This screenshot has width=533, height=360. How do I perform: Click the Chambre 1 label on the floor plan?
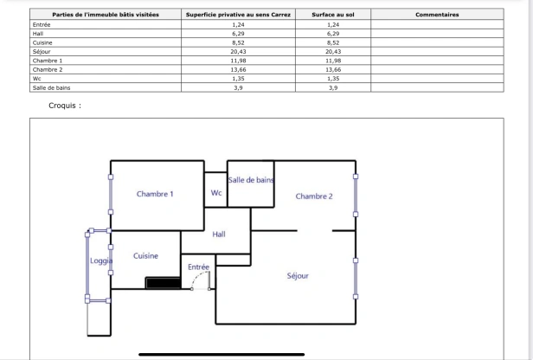tap(155, 194)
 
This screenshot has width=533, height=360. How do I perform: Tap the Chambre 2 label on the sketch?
tap(314, 196)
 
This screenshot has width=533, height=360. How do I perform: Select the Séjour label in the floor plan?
tap(298, 276)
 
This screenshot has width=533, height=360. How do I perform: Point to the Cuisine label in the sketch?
tap(145, 256)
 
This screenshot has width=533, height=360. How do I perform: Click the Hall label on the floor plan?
tap(218, 235)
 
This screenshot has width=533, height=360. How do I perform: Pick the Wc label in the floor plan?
tap(216, 193)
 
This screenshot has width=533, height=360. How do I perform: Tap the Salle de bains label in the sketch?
tap(251, 180)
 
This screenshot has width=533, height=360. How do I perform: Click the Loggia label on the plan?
tap(101, 260)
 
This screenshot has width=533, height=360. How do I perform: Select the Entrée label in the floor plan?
tap(199, 267)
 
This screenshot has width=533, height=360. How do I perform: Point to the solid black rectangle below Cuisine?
tap(162, 282)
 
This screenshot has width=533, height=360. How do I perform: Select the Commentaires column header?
tap(437, 15)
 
